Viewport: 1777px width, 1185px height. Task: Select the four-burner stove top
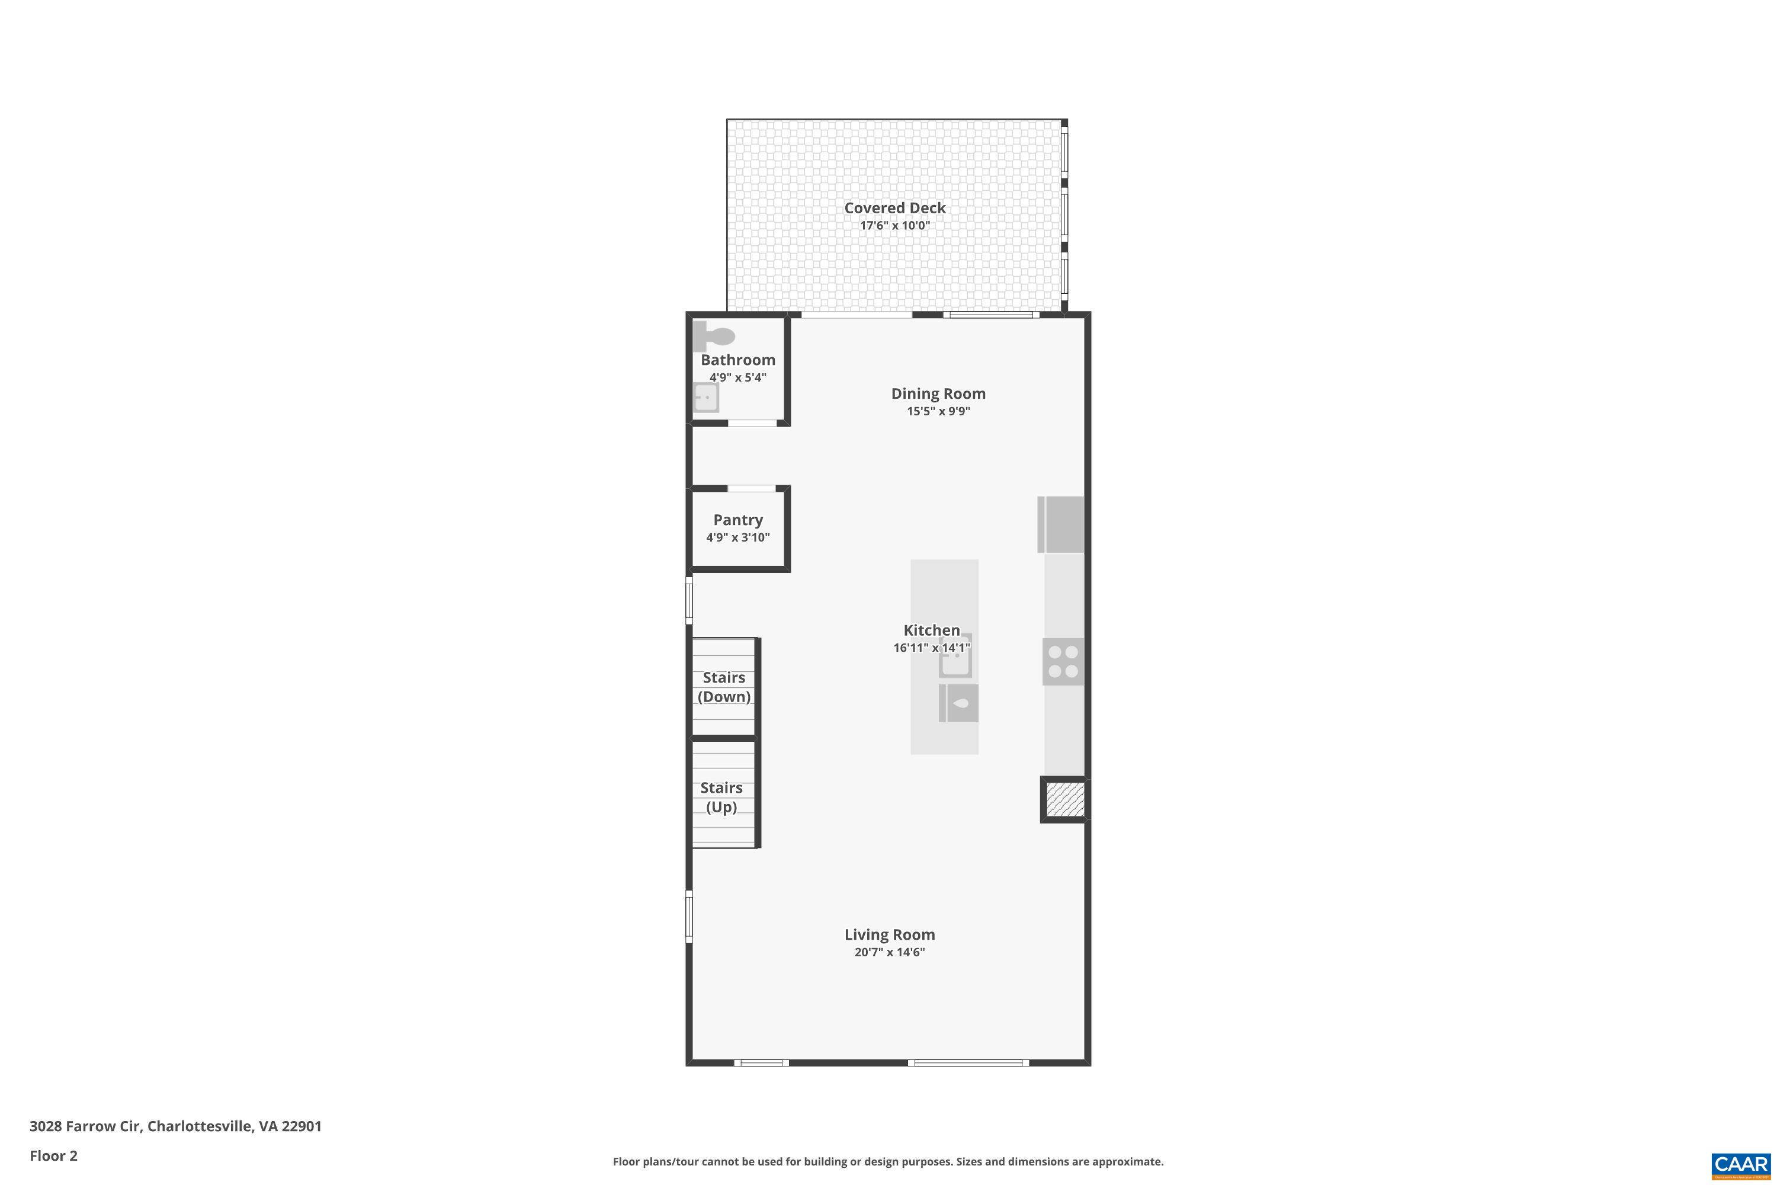coord(1063,662)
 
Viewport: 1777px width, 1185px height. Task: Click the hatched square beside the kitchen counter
coord(1065,799)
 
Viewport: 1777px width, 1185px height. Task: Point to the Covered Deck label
coord(894,208)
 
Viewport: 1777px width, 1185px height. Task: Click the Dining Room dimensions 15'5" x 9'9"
coord(938,411)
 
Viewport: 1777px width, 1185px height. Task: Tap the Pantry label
coord(738,520)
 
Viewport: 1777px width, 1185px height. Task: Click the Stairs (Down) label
coord(724,687)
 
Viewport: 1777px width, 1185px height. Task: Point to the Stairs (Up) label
coord(721,798)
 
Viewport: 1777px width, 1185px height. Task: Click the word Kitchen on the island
coord(932,630)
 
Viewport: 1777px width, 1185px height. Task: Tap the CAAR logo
coord(1741,1165)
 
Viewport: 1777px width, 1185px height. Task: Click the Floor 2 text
coord(54,1155)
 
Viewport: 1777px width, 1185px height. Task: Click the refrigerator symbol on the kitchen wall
coord(1061,524)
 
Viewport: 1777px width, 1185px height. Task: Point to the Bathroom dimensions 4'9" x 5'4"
coord(737,377)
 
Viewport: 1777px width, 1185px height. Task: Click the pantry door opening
coord(751,489)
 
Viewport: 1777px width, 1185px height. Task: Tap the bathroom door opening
coord(752,423)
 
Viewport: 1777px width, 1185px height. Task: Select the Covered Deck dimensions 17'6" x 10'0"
coord(894,225)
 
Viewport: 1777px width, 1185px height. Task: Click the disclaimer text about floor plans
coord(888,1161)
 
